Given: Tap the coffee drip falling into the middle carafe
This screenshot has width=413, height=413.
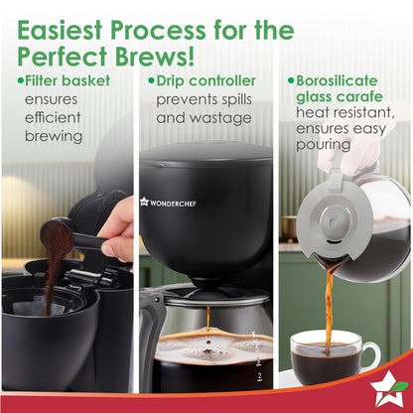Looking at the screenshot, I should pos(207,317).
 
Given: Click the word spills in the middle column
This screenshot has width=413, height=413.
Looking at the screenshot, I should pos(255,98).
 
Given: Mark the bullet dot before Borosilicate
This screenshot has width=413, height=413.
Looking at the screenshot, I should pos(290,79).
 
